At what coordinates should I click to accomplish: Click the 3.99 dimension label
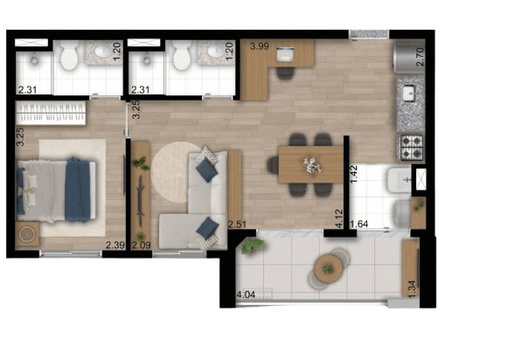coord(260,46)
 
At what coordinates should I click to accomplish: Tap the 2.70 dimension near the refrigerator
coord(420,57)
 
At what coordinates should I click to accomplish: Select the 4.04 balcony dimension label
coord(246,295)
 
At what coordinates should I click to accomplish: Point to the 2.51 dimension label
coord(237,225)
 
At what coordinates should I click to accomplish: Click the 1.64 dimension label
coord(359,225)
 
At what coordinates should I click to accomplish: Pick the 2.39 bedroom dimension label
coord(115,245)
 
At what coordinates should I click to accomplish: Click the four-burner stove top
coord(412,148)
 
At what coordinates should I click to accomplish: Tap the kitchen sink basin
coord(409,93)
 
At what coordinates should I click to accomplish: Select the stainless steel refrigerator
coord(409,57)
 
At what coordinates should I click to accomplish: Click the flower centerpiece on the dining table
coord(312,165)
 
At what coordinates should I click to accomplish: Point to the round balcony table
coord(328,268)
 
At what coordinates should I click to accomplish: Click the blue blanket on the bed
coord(77,190)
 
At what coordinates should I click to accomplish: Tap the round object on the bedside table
coord(26,234)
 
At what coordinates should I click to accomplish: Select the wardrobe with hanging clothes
coord(51,113)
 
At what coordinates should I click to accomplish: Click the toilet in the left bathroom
coord(69,55)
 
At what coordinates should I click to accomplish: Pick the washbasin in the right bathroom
coord(216,52)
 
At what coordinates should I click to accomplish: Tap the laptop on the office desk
coord(285,54)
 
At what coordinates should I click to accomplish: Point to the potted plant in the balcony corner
coord(253,246)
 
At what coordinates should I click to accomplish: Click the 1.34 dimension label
coord(412,289)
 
